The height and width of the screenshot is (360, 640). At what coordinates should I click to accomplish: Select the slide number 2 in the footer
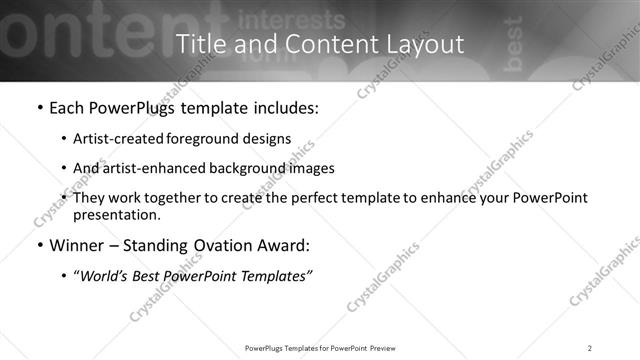(590, 348)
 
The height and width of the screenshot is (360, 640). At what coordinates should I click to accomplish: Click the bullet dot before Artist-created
(64, 138)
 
